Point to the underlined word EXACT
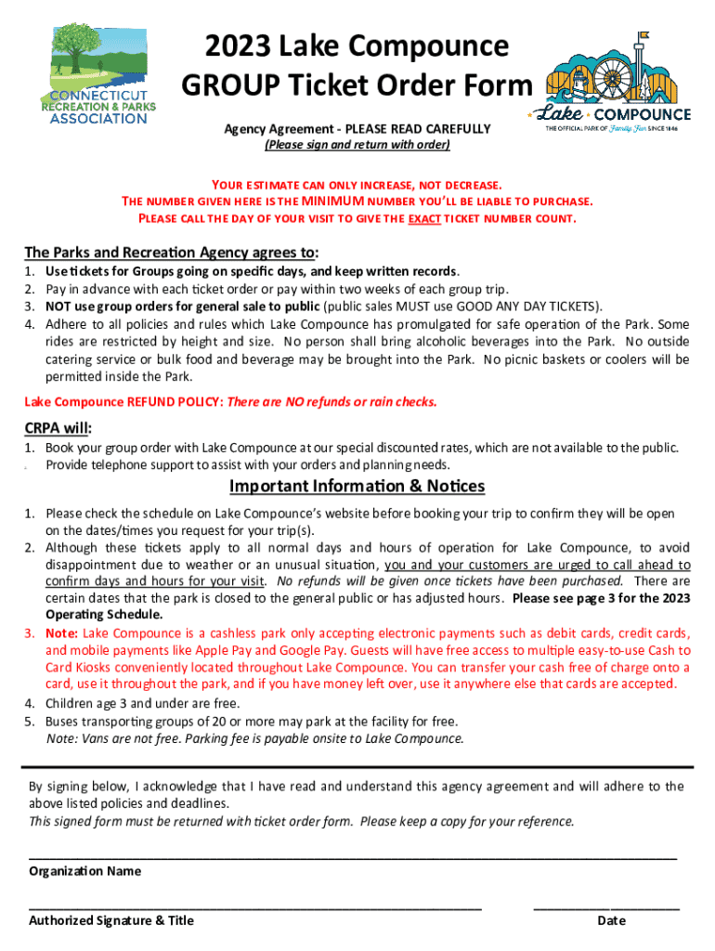click(423, 219)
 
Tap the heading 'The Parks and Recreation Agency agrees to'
click(170, 253)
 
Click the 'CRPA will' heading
click(57, 428)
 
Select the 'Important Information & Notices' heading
click(357, 487)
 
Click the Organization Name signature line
click(353, 856)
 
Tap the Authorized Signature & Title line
click(255, 905)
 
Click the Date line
click(606, 905)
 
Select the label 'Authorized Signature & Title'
click(111, 920)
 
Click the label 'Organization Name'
click(85, 871)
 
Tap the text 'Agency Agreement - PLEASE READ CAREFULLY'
click(357, 128)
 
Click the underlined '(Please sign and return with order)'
click(357, 145)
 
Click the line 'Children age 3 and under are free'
click(143, 703)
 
